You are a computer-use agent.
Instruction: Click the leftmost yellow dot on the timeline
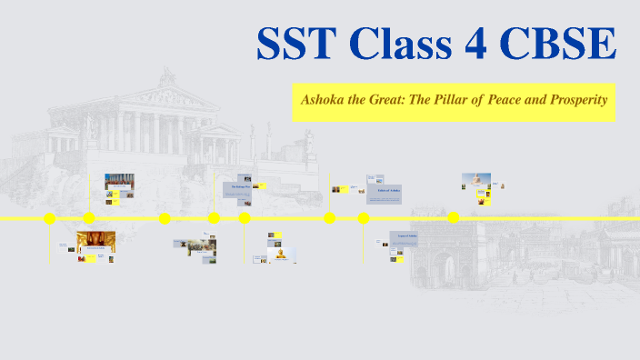pyautogui.click(x=50, y=218)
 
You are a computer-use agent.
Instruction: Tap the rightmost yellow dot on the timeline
pyautogui.click(x=453, y=217)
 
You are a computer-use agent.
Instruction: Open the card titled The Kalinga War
pyautogui.click(x=237, y=188)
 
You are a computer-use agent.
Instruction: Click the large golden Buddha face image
pyautogui.click(x=96, y=241)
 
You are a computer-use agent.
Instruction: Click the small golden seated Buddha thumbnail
pyautogui.click(x=281, y=254)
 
